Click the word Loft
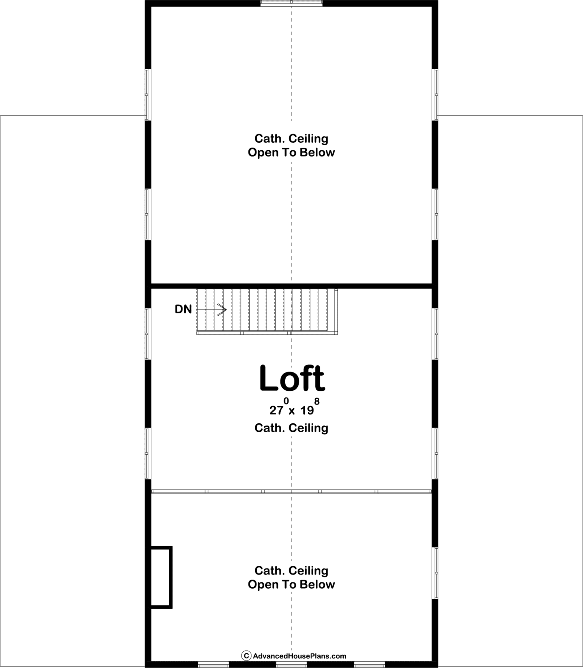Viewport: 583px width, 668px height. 292,378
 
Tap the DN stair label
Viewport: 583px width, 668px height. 183,309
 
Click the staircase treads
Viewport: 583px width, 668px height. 267,311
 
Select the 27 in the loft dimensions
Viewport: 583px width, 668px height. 276,410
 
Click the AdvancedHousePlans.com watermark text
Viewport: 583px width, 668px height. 299,656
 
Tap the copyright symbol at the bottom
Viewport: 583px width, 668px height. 246,656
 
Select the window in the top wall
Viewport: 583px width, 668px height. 291,3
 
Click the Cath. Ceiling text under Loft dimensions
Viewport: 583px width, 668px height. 291,428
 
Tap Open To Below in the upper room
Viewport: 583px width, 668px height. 291,152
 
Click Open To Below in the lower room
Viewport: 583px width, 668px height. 291,584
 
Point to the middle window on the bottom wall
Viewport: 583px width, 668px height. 291,665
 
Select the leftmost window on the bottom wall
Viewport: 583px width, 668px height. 213,665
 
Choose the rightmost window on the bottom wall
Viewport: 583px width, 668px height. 370,665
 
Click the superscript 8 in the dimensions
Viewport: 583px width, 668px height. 317,401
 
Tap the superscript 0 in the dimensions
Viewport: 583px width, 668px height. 286,401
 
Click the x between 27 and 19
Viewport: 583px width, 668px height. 292,412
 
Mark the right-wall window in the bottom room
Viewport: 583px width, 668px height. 435,573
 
